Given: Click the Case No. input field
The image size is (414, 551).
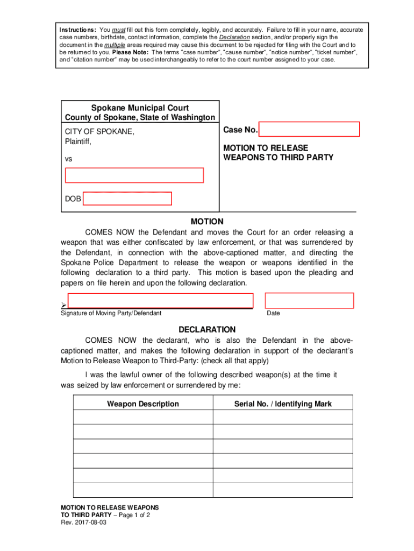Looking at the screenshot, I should (x=309, y=130).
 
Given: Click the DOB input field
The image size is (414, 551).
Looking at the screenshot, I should (x=127, y=199).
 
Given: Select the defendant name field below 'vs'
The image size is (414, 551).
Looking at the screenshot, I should (x=134, y=175).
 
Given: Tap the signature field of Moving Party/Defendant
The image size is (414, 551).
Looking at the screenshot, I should (x=160, y=301).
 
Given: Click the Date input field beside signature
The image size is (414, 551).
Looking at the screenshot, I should (x=309, y=301).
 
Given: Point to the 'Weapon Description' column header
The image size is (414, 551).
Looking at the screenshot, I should (x=143, y=404).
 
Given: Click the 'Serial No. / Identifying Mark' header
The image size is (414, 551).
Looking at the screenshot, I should (x=283, y=404).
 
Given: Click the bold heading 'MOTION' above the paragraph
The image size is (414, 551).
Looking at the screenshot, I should (x=207, y=222).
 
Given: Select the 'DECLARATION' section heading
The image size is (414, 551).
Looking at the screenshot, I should (x=207, y=329).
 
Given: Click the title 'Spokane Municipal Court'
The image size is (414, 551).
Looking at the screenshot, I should (x=140, y=108).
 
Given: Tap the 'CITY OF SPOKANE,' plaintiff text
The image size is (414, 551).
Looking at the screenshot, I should (x=100, y=132).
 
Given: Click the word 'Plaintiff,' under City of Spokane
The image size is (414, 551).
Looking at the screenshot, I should (x=78, y=142).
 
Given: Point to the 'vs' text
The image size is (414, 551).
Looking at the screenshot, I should (x=69, y=160).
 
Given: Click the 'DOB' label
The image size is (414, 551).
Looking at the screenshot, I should (x=73, y=199).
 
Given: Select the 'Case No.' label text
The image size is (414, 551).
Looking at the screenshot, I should (x=240, y=130).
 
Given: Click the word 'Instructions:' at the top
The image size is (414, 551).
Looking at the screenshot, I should (x=78, y=29).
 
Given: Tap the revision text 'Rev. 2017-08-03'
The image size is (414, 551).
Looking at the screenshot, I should (x=83, y=522).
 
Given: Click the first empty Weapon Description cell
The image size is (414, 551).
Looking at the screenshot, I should (x=143, y=418).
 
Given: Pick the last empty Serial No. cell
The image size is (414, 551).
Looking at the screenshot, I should (x=283, y=490).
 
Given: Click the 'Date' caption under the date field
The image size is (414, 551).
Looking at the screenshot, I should (x=273, y=313).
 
